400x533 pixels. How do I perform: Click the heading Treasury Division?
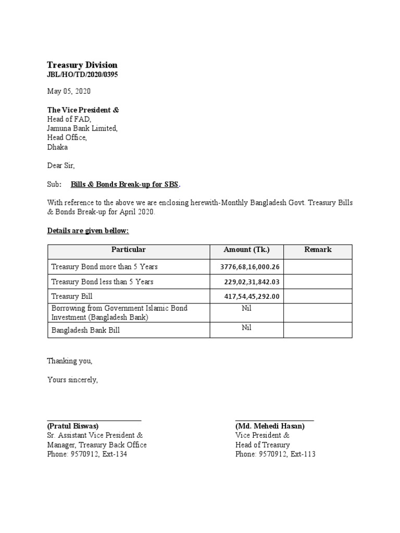[x=82, y=65]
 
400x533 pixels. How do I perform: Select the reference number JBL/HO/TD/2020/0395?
[x=82, y=75]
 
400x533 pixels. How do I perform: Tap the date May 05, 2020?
[x=69, y=91]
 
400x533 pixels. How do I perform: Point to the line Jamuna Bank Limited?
[x=82, y=129]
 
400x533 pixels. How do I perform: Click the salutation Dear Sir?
[x=61, y=166]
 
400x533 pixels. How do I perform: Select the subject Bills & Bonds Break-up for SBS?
[x=126, y=184]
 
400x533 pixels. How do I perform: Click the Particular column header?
[x=128, y=250]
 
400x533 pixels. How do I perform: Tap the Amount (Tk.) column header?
[x=246, y=250]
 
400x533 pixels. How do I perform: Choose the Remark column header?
[x=318, y=250]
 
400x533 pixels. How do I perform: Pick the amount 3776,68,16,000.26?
[x=250, y=267]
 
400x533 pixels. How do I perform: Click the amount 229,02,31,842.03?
[x=252, y=282]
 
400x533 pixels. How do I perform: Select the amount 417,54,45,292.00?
[x=252, y=297]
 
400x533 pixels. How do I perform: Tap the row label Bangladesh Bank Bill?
[x=85, y=330]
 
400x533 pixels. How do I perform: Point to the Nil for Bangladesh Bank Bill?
[x=246, y=328]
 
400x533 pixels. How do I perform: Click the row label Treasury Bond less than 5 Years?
[x=102, y=282]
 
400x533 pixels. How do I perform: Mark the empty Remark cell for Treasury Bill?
[x=318, y=297]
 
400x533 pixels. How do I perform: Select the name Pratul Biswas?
[x=72, y=426]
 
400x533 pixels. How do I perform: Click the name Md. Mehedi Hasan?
[x=270, y=426]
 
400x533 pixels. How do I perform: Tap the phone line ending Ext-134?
[x=87, y=454]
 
